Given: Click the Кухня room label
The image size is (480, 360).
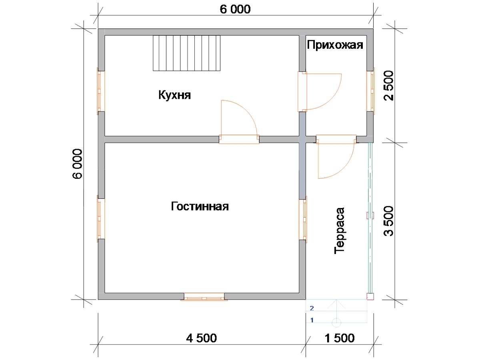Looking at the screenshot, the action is (174, 95).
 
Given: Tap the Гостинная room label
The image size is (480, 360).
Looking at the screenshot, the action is (200, 206).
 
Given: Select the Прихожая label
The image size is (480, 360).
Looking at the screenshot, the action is (335, 45).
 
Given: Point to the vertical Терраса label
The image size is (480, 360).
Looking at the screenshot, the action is (339, 231).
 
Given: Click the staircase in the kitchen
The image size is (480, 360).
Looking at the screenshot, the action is (186, 53).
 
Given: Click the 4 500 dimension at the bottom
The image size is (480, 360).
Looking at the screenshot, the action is (202, 338).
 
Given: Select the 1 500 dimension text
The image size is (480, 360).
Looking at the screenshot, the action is (339, 338).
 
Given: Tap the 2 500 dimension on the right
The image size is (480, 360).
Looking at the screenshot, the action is (388, 86).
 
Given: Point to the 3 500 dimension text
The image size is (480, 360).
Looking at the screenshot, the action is (388, 221).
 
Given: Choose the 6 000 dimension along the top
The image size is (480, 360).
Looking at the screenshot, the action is (235, 9).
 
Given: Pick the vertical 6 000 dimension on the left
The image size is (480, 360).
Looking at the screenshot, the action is (78, 164).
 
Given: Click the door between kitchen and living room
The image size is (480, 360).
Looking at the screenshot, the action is (239, 122).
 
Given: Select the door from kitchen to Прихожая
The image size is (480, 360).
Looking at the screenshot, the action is (320, 92).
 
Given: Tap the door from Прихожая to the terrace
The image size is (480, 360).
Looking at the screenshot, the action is (336, 156).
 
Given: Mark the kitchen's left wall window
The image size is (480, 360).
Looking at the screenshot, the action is (101, 91).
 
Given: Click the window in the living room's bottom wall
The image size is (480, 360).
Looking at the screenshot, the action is (204, 297).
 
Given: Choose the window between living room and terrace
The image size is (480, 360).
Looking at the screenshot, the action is (303, 220).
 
